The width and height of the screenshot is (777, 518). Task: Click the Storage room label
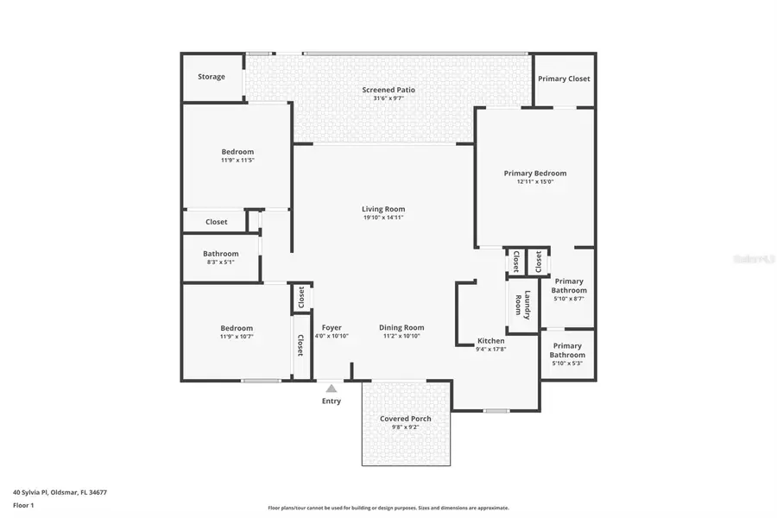tap(211, 77)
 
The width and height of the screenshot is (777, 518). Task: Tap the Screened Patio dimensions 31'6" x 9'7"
tap(388, 98)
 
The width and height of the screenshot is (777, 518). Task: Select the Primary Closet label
tap(564, 79)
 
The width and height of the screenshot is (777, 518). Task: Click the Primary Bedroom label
tap(534, 173)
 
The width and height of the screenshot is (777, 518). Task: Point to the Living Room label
tap(383, 209)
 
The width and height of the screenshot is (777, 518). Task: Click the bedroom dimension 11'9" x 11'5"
tap(237, 160)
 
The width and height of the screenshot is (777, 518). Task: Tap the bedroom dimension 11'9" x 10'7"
tap(237, 337)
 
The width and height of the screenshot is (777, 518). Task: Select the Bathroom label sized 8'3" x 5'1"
tap(220, 254)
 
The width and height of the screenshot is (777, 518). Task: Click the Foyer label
tap(332, 327)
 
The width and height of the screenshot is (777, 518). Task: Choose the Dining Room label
tap(401, 327)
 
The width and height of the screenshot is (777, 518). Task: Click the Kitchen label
tap(490, 341)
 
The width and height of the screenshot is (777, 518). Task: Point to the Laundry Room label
tap(523, 305)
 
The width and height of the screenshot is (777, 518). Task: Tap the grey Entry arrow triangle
tap(332, 388)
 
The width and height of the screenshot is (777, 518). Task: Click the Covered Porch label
tap(405, 419)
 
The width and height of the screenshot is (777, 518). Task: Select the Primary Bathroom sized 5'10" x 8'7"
tap(569, 286)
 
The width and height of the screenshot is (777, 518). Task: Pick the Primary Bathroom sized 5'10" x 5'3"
tap(567, 351)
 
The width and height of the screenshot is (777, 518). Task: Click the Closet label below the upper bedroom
tap(216, 222)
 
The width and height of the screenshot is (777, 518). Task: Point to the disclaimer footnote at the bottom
tap(388, 508)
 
